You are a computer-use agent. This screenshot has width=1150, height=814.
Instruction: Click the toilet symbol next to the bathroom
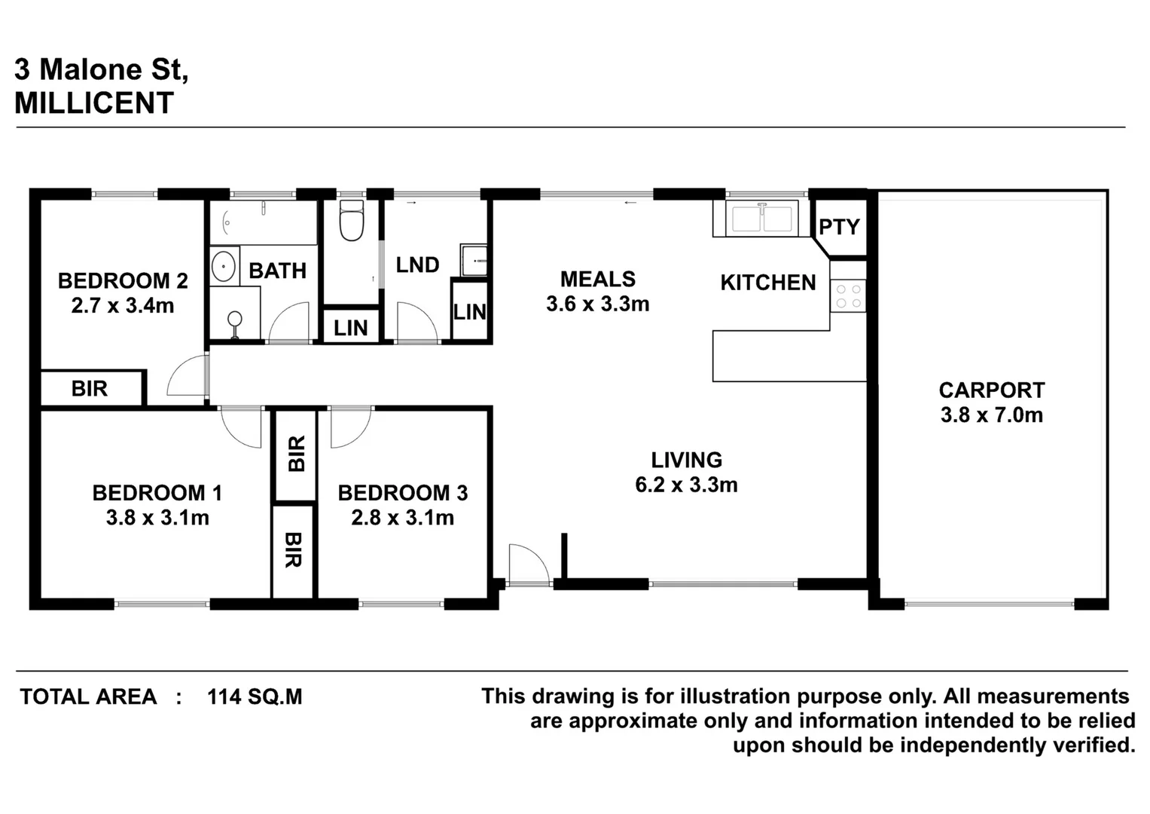(x=351, y=219)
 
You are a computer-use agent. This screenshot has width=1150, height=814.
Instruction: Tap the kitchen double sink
(x=763, y=218)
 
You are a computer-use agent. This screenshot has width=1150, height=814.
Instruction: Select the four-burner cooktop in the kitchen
(x=849, y=295)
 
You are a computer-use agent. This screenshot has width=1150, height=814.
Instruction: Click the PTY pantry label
(x=839, y=227)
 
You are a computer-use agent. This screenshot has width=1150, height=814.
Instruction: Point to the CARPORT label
(x=991, y=390)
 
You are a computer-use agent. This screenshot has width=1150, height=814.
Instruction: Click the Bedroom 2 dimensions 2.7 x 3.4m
(x=123, y=306)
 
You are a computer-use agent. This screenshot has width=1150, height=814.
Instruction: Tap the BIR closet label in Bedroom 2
(x=90, y=389)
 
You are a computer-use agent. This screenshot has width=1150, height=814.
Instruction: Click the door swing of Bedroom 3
(x=349, y=427)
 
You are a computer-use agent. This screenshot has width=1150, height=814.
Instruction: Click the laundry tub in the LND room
(x=474, y=261)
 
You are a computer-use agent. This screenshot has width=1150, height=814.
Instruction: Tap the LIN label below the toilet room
(x=351, y=328)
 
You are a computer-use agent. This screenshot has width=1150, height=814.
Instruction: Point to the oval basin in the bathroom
(x=223, y=267)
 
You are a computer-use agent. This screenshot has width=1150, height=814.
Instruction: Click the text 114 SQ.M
(x=255, y=696)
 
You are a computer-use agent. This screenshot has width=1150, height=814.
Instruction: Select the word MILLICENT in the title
(x=94, y=103)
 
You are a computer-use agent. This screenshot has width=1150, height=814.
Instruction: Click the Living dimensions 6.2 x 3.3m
(x=686, y=485)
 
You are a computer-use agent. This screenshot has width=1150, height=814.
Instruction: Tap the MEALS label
(x=598, y=279)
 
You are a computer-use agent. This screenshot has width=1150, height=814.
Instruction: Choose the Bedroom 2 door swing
(x=188, y=376)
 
